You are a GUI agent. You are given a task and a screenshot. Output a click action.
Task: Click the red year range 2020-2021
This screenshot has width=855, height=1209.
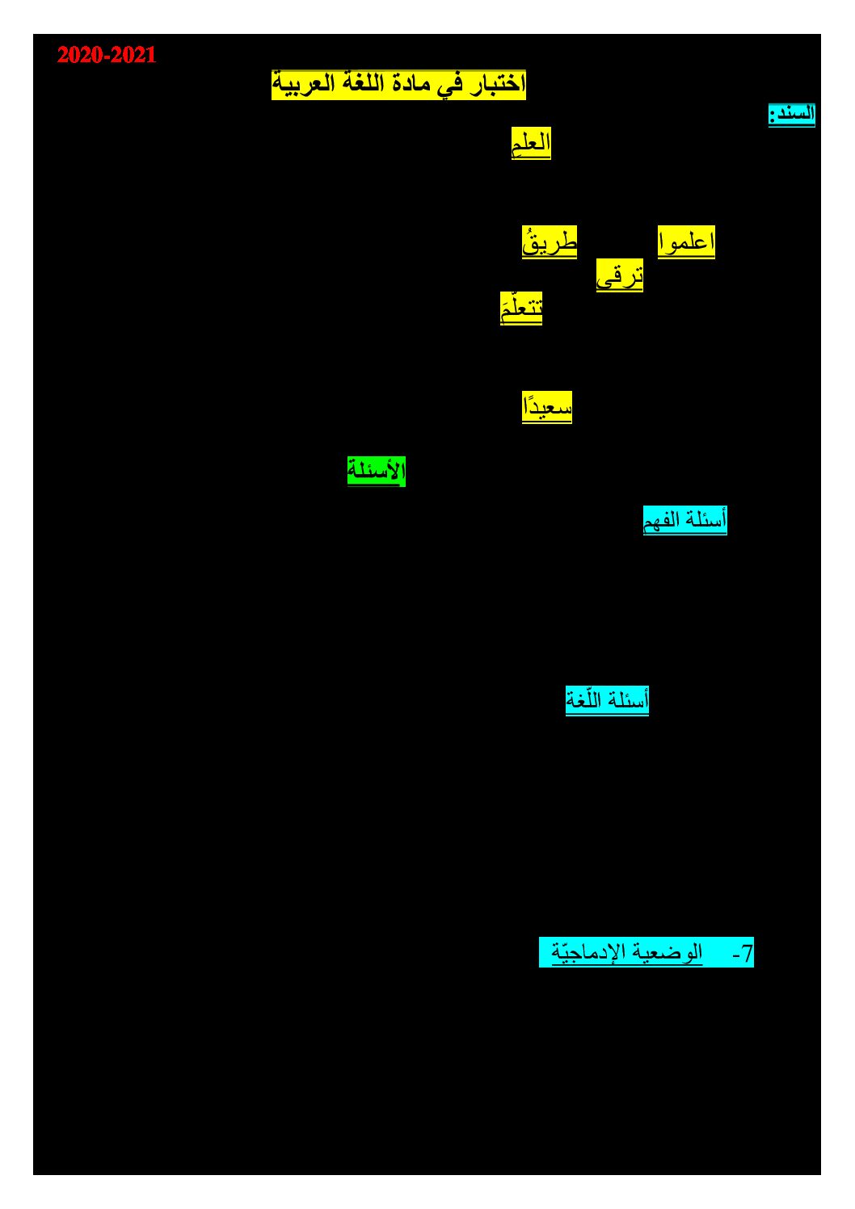click(x=107, y=55)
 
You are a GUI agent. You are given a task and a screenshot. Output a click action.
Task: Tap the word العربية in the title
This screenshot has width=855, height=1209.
click(x=297, y=85)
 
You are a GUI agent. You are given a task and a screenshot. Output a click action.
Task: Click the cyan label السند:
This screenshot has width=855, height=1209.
click(x=791, y=115)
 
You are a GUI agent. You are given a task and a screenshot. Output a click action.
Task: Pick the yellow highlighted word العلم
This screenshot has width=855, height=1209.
click(x=531, y=143)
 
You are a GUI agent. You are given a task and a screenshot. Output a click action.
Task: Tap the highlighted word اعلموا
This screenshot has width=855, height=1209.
click(x=686, y=242)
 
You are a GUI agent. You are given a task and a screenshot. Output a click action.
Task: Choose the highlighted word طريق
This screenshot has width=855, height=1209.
click(x=550, y=242)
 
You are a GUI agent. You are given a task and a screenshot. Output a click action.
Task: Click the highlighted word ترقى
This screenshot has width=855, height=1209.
click(x=620, y=275)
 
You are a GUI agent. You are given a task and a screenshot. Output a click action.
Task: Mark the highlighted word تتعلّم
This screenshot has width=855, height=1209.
click(x=521, y=309)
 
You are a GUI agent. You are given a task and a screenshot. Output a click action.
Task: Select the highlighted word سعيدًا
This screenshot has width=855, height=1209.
click(x=546, y=408)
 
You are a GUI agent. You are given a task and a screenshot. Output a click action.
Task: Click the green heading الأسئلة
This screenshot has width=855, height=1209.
click(x=377, y=471)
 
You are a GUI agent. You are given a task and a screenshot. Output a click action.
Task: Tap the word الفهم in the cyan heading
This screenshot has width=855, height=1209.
click(x=661, y=521)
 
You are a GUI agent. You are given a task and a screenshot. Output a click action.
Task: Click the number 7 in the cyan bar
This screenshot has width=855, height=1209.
click(x=747, y=954)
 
